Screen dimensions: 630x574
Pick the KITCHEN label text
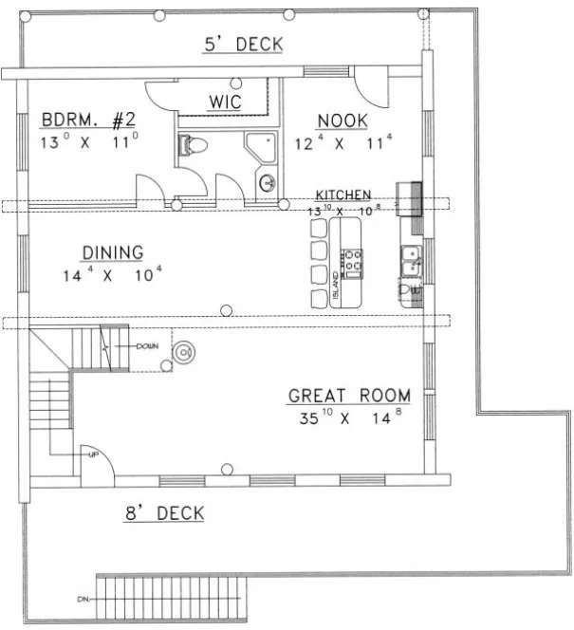[x=343, y=195]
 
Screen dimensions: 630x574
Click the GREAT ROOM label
[x=349, y=395]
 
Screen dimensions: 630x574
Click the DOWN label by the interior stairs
[x=147, y=346]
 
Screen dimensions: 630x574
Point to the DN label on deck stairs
[x=83, y=600]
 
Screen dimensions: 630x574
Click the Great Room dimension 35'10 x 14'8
[x=349, y=417]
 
